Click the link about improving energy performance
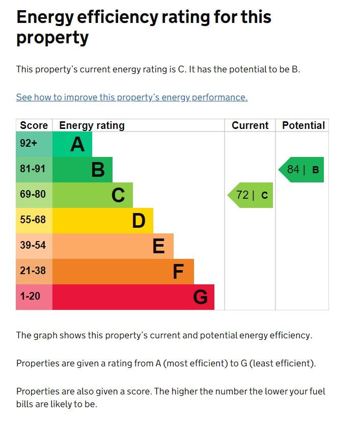[x=132, y=97]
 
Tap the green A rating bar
[x=72, y=144]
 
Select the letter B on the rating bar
[x=98, y=170]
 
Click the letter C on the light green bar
[x=118, y=195]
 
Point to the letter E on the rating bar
[x=158, y=246]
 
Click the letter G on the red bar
[x=200, y=297]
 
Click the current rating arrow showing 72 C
[x=251, y=195]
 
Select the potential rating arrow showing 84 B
[x=301, y=170]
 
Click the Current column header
[x=250, y=125]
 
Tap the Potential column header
[x=303, y=125]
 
